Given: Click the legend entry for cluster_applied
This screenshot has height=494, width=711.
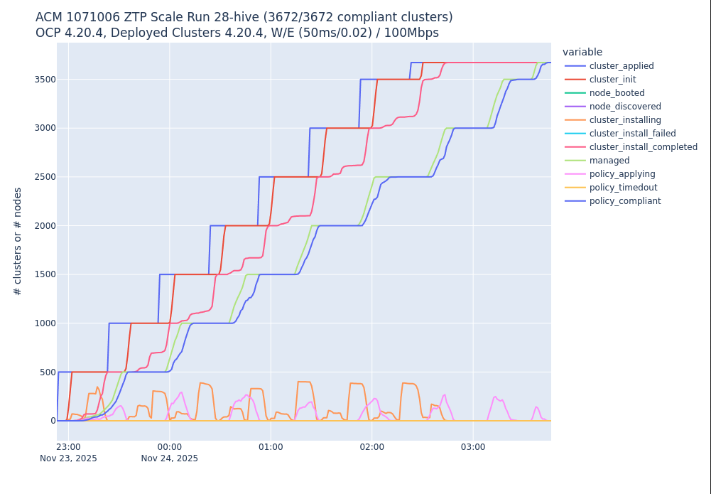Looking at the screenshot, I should [x=622, y=66].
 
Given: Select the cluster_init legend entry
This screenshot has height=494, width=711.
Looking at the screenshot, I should [x=612, y=80].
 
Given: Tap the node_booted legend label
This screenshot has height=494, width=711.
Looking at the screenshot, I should [x=617, y=93].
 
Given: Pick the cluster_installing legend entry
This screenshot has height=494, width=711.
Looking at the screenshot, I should [x=625, y=120].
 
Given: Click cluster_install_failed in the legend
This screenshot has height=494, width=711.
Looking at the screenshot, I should [x=632, y=134].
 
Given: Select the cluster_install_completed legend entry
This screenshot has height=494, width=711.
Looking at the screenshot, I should [x=643, y=147].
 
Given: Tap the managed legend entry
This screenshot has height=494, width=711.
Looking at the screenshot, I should [x=609, y=161].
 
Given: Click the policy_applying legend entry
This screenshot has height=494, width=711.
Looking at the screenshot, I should [x=622, y=174].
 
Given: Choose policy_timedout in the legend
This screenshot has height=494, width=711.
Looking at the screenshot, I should [x=623, y=188].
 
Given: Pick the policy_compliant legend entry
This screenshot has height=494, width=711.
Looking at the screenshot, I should [x=625, y=201].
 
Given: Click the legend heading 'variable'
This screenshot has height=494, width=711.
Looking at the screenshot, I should [x=582, y=52].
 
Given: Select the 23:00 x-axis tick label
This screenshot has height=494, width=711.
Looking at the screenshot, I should [x=68, y=447].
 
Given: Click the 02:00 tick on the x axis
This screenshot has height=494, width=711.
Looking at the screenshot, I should [x=371, y=447].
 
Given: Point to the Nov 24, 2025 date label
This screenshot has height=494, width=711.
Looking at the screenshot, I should [x=170, y=458].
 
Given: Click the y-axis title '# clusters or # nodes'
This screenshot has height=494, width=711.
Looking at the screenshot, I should [x=18, y=241].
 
